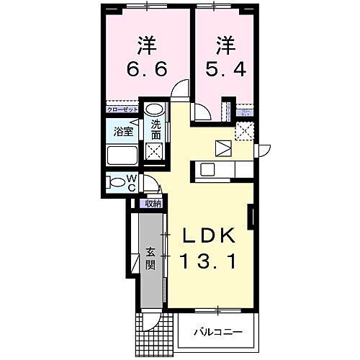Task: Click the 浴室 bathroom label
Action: tap(124, 132)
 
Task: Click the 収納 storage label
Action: tap(153, 203)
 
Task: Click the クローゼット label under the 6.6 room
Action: tap(121, 109)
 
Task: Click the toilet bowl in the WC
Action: tap(114, 181)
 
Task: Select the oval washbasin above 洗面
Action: tap(154, 111)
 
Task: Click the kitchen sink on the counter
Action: tap(208, 169)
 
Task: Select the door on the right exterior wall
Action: tap(264, 150)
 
